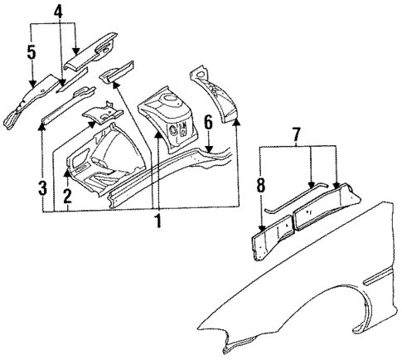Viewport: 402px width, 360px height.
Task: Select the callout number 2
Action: pos(65,197)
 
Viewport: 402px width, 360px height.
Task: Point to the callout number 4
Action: pos(58,12)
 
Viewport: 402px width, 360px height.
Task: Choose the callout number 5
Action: pos(31,53)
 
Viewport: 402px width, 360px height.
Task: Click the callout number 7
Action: pos(297,134)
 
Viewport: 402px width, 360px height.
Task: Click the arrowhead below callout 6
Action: pos(210,151)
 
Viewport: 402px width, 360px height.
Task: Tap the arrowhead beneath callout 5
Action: pos(31,85)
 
